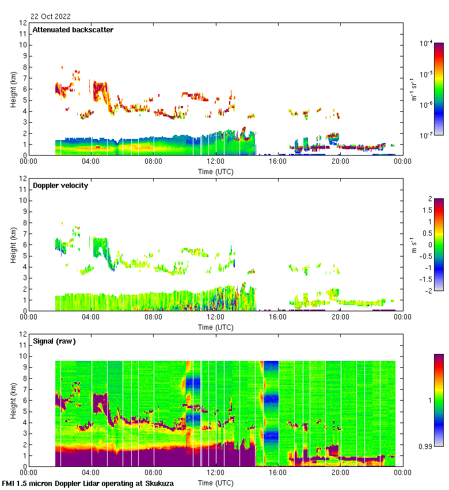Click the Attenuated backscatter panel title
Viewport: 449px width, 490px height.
[x=73, y=30]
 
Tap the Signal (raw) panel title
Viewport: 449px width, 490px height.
[x=54, y=341]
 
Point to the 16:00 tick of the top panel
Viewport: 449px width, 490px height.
[x=278, y=162]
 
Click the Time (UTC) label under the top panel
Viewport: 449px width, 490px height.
[x=216, y=171]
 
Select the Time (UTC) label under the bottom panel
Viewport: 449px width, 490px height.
[x=216, y=483]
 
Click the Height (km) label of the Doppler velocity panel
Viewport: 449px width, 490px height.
[x=13, y=245]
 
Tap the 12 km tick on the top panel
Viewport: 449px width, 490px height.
[x=23, y=23]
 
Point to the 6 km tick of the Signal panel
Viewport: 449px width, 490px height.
[x=24, y=400]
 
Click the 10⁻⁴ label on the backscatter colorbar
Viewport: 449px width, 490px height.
[x=427, y=43]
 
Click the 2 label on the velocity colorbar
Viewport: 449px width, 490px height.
[x=429, y=199]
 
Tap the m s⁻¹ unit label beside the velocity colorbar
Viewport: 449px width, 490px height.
[x=413, y=244]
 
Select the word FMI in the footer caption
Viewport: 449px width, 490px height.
[x=9, y=484]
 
